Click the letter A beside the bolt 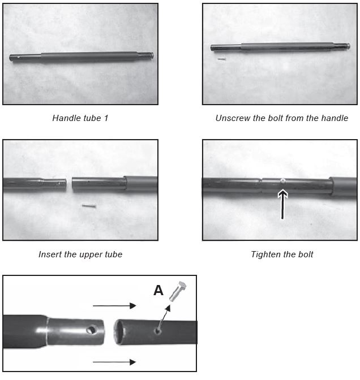158,290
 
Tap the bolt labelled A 178,291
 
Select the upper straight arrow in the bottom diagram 114,306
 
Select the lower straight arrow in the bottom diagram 114,362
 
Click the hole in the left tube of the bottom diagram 92,329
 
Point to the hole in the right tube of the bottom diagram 158,330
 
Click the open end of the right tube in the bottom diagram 119,332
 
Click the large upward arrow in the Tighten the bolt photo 282,204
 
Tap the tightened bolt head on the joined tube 282,180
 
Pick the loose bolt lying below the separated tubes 89,206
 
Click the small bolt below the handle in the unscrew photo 221,59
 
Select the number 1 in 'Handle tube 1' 106,118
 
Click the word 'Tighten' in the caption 265,254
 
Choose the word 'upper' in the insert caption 91,255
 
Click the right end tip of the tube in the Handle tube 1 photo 153,55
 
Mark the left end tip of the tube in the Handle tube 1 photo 10,58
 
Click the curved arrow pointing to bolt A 163,318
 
